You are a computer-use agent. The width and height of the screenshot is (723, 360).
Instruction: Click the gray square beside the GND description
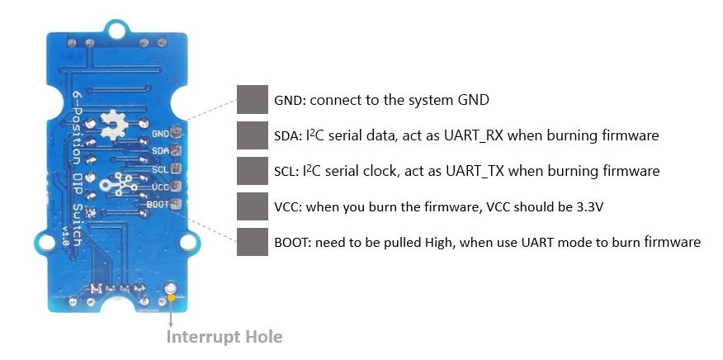252,99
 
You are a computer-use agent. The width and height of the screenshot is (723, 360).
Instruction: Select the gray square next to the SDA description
252,135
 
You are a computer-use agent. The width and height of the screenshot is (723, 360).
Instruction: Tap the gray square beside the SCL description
252,171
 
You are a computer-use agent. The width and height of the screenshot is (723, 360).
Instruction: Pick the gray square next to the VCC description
252,206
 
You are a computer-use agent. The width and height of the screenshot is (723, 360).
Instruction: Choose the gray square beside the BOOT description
252,242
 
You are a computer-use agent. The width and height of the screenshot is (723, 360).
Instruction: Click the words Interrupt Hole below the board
224,337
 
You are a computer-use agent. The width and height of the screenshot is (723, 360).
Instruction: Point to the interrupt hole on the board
171,289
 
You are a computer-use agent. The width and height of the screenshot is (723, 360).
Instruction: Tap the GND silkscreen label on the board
160,134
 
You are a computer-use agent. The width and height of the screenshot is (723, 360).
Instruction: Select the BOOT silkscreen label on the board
158,203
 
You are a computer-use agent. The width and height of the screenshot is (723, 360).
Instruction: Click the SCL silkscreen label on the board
160,169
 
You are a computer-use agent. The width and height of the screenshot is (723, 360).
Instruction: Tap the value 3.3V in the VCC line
588,207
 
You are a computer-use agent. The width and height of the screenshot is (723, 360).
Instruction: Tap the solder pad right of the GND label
176,132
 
